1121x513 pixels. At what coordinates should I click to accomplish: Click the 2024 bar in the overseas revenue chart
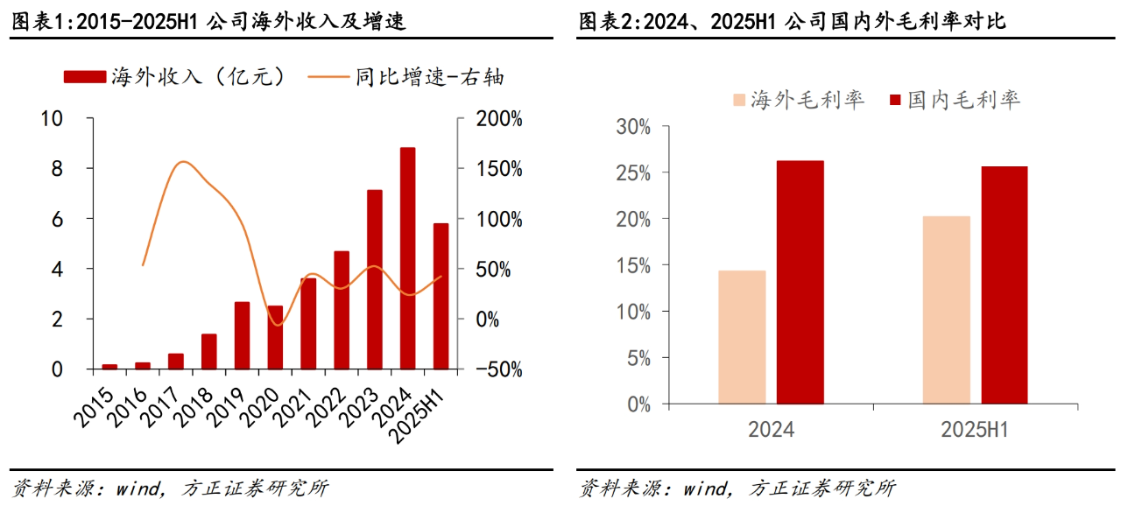(x=407, y=258)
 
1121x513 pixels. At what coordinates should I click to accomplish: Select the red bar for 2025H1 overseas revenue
(x=441, y=296)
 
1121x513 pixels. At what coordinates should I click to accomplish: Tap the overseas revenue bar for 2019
(x=242, y=335)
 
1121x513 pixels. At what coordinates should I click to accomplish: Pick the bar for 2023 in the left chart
(x=374, y=279)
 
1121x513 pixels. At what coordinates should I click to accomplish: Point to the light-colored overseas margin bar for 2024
(x=742, y=337)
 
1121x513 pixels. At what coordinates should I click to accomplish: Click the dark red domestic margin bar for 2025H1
(x=1004, y=285)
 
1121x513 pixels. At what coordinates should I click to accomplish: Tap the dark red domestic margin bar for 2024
(x=800, y=282)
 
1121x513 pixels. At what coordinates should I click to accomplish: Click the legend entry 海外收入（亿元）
(x=175, y=77)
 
